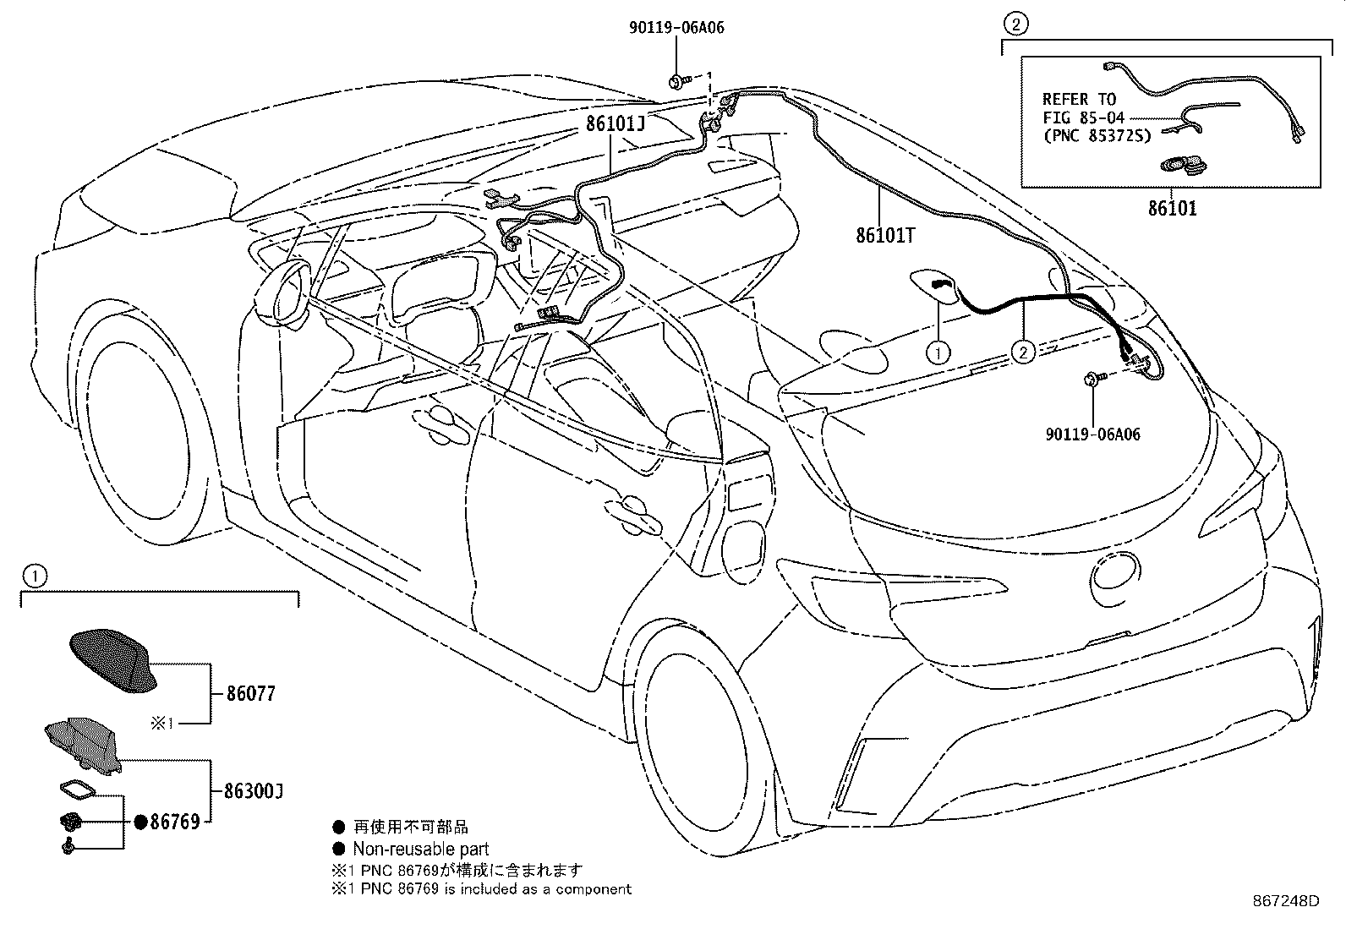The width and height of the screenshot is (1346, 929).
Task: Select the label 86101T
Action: pos(885,236)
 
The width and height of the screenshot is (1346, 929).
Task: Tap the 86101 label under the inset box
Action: pos(1172,208)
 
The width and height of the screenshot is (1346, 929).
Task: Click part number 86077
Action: pos(251,694)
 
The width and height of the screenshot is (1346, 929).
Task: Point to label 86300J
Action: pos(254,791)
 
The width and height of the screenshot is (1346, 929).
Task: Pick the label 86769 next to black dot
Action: pos(175,822)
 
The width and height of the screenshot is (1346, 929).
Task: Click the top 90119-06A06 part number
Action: pos(676,28)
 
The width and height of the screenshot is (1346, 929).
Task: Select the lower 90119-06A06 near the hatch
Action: pos(1092,434)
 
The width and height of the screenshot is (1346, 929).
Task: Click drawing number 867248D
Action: pos(1285,901)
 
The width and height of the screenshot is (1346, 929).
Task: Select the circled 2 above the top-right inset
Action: pos(1015,24)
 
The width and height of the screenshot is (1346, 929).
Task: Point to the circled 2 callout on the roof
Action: pos(1023,351)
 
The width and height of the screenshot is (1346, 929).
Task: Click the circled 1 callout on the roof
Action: pos(938,351)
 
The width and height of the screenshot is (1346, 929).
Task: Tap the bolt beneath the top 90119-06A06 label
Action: pos(678,81)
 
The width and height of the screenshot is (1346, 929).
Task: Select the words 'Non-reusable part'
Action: pos(420,849)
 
